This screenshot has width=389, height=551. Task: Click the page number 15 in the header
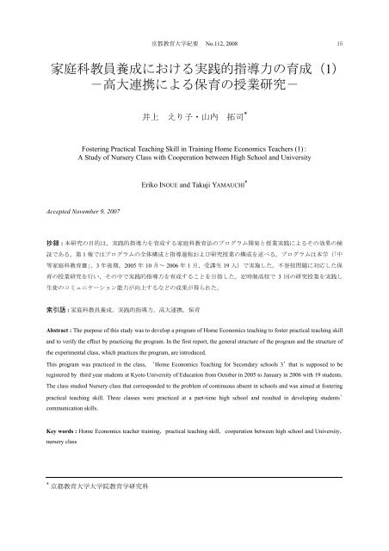341,41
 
